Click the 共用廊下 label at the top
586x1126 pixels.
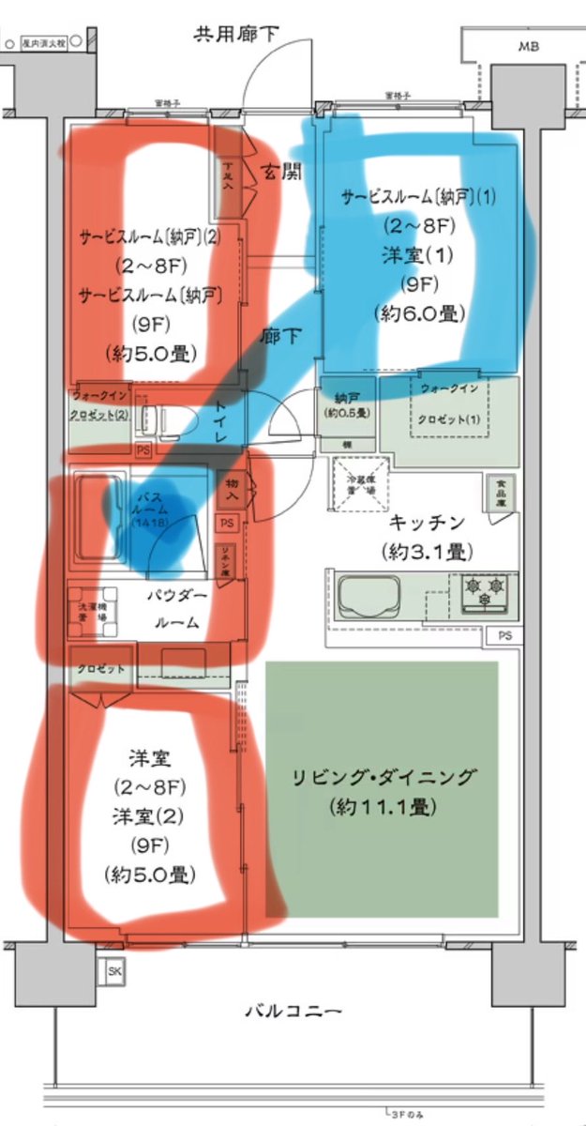236,35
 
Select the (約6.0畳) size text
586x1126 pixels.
419,312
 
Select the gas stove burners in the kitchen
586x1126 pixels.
488,594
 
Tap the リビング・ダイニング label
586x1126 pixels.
382,778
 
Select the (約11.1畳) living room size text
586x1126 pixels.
382,806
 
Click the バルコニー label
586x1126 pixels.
293,1012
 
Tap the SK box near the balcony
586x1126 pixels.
114,970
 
